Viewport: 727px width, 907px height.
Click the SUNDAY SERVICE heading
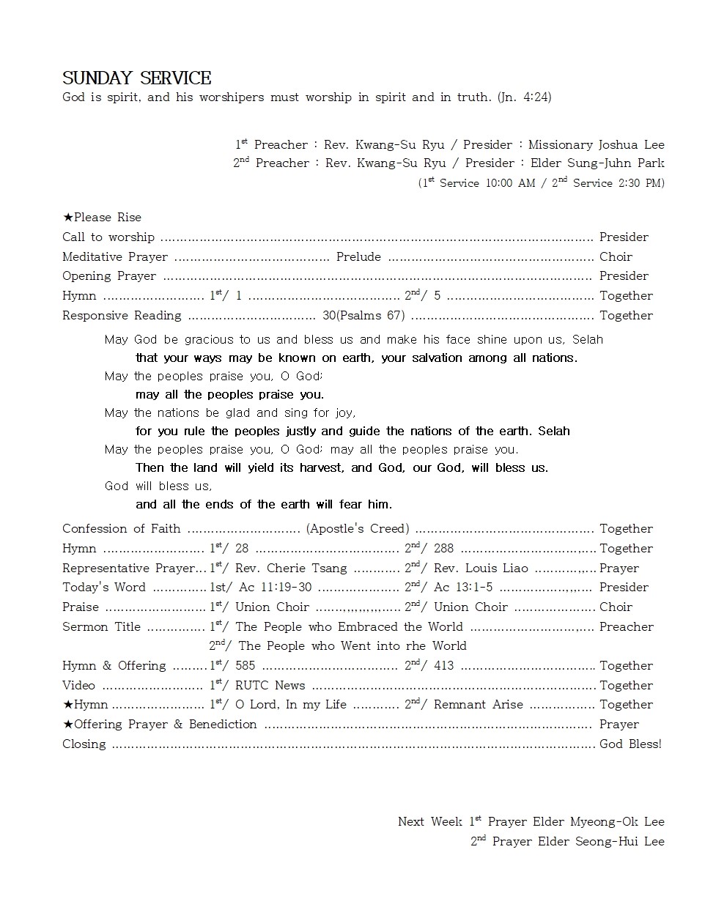[136, 78]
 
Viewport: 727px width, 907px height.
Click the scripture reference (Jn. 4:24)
[524, 97]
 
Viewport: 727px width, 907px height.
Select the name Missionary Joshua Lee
[596, 145]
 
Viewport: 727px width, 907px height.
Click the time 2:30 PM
[638, 183]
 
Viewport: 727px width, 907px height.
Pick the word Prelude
[358, 257]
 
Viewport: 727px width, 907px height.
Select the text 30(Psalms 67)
[363, 316]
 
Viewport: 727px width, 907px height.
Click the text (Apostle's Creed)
[358, 529]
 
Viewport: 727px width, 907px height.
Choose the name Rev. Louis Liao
[481, 569]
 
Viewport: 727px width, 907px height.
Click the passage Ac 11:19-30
[274, 588]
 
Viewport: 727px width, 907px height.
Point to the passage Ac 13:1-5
[463, 588]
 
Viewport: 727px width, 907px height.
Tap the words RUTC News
[270, 686]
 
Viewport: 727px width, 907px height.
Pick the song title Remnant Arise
[479, 705]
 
